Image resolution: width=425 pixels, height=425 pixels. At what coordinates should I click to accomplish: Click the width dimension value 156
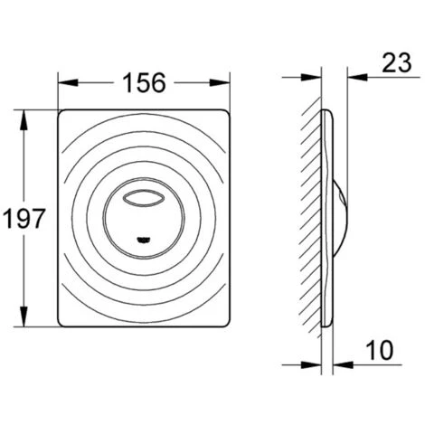click(x=145, y=82)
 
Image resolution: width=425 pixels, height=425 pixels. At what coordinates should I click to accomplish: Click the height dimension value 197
click(x=24, y=218)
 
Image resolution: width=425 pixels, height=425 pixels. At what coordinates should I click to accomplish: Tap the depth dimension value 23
click(x=396, y=62)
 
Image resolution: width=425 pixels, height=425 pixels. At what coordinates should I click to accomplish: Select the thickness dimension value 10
click(x=380, y=350)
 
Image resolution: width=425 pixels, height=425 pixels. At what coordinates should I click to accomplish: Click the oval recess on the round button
click(x=144, y=199)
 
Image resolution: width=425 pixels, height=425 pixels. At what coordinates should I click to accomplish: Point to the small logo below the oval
click(x=144, y=240)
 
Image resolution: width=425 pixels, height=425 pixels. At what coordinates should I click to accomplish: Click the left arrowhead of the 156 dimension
click(x=68, y=82)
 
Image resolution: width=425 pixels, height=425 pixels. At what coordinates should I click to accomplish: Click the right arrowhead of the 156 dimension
click(x=220, y=82)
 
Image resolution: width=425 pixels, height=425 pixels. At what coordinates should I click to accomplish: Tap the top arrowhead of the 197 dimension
click(x=24, y=120)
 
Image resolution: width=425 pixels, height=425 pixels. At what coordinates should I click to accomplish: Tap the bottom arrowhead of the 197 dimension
click(x=24, y=316)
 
